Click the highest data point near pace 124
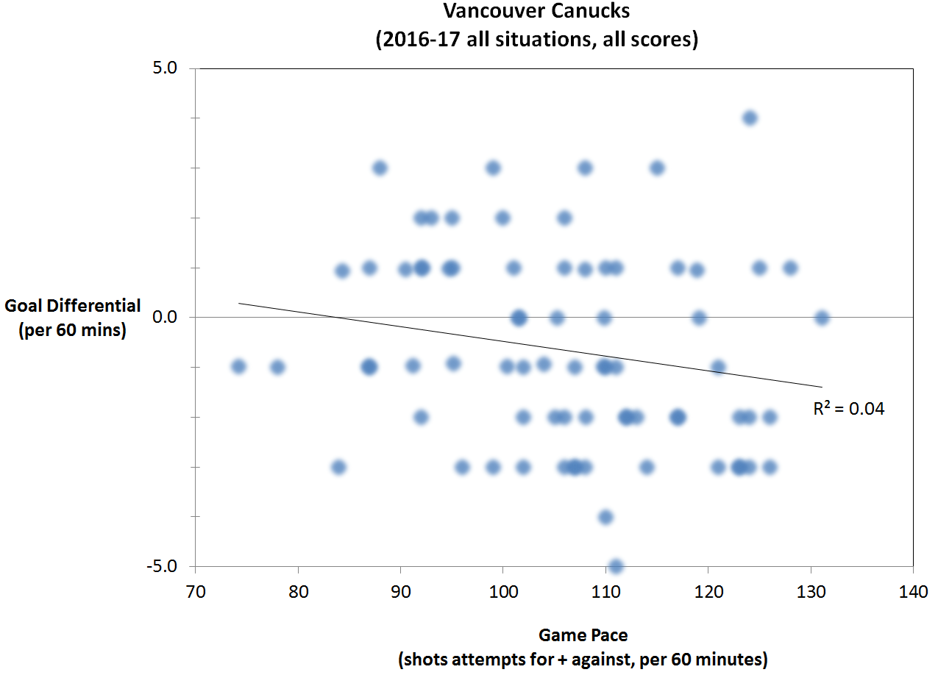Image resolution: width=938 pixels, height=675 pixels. (x=750, y=118)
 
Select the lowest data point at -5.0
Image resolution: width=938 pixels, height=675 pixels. (x=616, y=566)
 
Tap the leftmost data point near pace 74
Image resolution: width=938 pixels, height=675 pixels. (x=238, y=366)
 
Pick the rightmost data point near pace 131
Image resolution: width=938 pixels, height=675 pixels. (x=822, y=318)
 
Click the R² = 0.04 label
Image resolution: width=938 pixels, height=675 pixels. (x=848, y=410)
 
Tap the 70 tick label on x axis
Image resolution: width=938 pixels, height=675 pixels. (x=195, y=592)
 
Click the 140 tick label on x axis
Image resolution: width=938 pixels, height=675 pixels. (x=912, y=592)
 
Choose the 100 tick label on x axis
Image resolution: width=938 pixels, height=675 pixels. (x=502, y=592)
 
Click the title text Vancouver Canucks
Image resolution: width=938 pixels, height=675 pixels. (x=536, y=12)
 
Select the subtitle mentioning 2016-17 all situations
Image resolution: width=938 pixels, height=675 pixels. (x=536, y=39)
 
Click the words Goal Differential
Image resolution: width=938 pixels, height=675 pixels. (x=72, y=307)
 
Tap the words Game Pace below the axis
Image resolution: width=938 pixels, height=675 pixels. (x=583, y=634)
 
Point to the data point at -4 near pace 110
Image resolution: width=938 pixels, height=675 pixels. (x=605, y=517)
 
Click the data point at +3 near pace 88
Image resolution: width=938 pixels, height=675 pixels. (x=380, y=168)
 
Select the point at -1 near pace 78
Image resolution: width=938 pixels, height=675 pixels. (x=277, y=367)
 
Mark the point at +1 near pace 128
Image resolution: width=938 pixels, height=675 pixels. (x=790, y=268)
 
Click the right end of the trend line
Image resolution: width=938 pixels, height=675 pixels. (x=820, y=387)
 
